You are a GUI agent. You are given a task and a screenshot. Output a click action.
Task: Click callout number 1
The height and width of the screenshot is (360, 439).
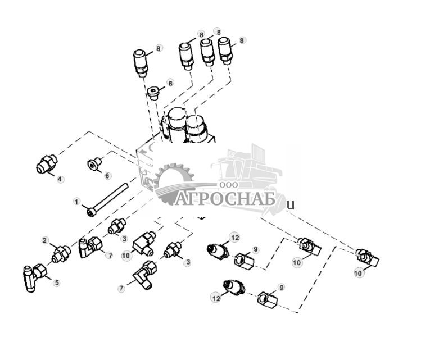point(78,201)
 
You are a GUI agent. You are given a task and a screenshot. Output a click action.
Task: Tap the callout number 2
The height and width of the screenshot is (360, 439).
point(46,241)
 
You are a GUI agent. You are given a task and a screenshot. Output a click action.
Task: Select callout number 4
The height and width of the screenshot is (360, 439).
point(60,179)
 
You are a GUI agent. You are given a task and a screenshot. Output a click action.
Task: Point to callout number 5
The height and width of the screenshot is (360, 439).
point(56,282)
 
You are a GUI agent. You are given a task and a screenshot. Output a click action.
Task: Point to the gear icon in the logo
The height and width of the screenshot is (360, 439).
point(171,180)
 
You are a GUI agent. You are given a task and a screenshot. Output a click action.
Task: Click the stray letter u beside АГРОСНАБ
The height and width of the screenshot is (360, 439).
point(291,205)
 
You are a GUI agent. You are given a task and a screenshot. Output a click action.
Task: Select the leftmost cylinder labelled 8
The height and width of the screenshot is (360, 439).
point(141,62)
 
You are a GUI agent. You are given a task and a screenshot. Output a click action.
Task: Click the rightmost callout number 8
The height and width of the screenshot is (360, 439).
point(242,40)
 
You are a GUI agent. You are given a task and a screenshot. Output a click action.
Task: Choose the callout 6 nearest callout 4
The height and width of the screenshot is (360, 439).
point(107,176)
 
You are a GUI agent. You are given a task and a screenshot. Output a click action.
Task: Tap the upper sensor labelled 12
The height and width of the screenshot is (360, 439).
point(216,249)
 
